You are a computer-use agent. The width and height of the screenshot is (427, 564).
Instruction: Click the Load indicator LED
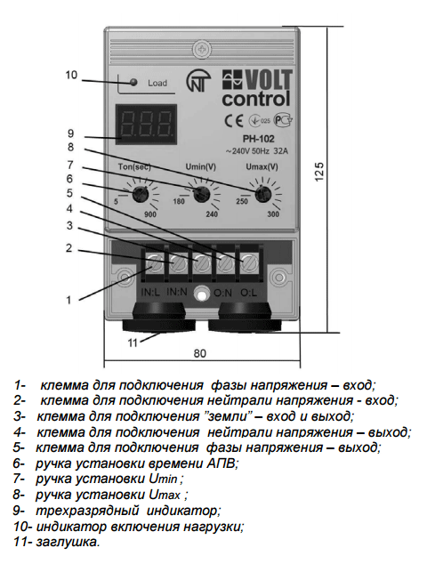(x=133, y=83)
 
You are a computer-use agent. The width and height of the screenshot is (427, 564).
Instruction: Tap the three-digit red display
(x=146, y=125)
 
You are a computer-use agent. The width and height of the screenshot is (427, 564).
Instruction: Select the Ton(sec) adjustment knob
(x=140, y=195)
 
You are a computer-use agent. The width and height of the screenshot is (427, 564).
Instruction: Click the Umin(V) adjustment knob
(x=201, y=195)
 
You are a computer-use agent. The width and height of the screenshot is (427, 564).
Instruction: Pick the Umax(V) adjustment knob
(x=263, y=195)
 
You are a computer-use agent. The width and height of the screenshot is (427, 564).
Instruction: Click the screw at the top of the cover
(x=202, y=49)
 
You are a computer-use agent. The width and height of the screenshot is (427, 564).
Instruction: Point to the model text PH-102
(x=258, y=139)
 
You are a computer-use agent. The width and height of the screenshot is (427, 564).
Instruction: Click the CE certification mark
(x=234, y=121)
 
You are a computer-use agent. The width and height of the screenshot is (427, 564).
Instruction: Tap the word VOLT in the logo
(x=269, y=80)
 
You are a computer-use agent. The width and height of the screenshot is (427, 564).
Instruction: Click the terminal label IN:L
(x=150, y=293)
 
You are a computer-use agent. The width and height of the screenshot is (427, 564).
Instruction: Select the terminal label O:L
(x=248, y=294)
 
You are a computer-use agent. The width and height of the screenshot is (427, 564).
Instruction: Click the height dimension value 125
(x=319, y=173)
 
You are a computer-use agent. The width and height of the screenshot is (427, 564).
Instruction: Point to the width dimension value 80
(x=200, y=353)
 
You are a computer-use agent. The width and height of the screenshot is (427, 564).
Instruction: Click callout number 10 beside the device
(x=71, y=76)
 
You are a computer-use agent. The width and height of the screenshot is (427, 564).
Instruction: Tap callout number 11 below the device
(x=133, y=343)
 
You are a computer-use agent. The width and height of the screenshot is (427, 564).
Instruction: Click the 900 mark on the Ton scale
(x=150, y=214)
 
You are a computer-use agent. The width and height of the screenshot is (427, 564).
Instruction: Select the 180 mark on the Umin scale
(x=179, y=201)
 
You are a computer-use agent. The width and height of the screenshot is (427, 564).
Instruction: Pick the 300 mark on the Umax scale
(x=273, y=214)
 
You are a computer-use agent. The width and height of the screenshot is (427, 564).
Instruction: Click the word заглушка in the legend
(x=68, y=542)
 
